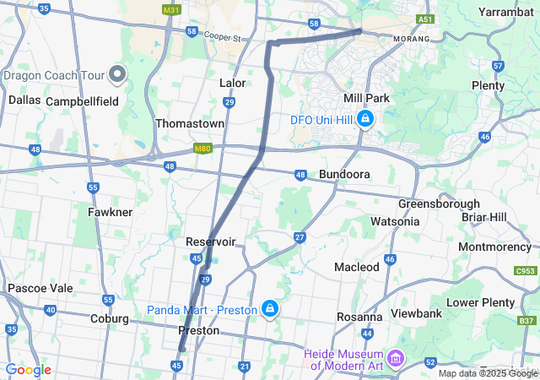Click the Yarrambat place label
(505, 12)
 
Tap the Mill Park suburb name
(366, 98)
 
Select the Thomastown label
(190, 123)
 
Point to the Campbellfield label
(81, 100)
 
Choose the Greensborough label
(439, 204)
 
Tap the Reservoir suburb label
(210, 242)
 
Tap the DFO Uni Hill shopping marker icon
(365, 120)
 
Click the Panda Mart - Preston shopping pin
(269, 310)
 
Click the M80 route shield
(202, 149)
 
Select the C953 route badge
(525, 271)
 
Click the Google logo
(29, 370)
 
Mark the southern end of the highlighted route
(181, 350)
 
